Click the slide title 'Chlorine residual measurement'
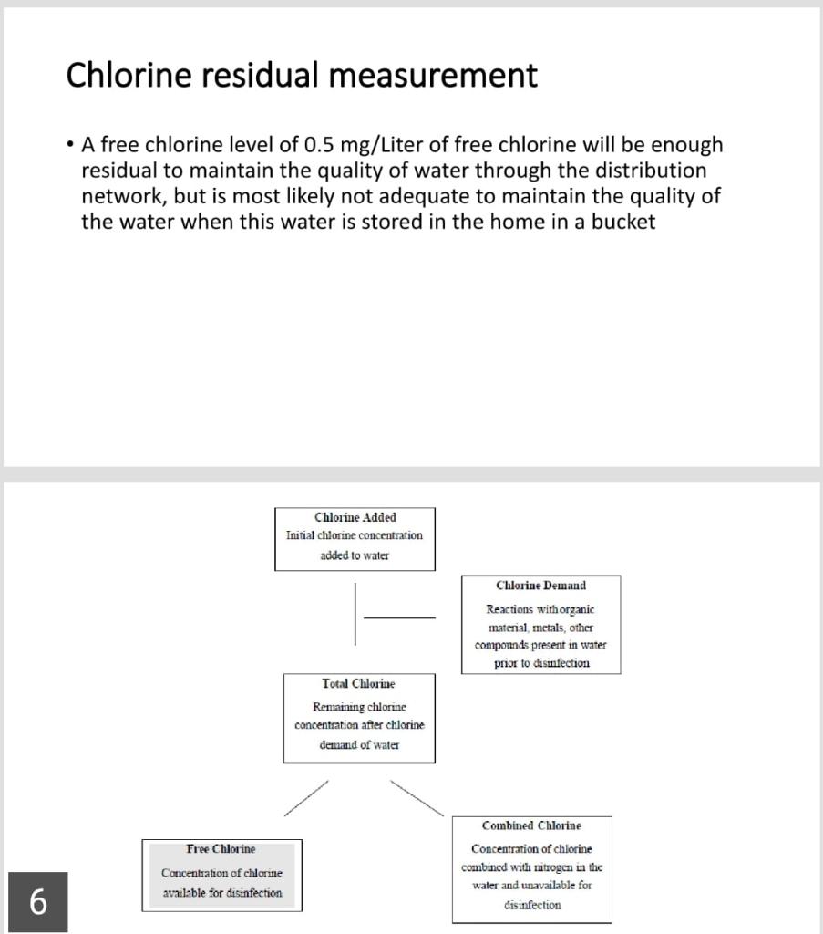[301, 75]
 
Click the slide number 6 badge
[37, 902]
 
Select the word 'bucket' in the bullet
[622, 222]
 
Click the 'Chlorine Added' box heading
[355, 517]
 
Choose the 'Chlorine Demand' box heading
[540, 586]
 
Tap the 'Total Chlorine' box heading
[358, 683]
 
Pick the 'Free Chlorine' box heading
[221, 849]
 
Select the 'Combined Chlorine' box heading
[531, 825]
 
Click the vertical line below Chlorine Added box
[355, 617]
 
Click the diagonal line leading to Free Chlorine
[304, 797]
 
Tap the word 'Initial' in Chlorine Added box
[300, 535]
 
